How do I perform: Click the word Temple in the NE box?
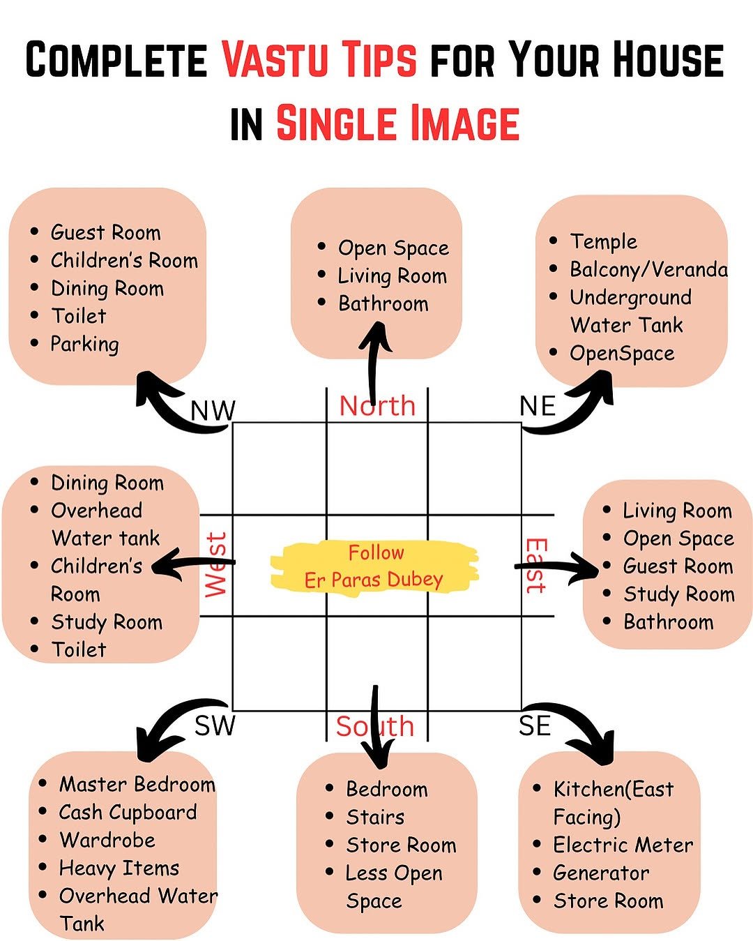603,241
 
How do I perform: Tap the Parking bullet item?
84,344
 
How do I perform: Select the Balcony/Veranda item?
648,269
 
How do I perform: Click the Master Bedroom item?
137,784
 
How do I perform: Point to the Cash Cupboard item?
128,812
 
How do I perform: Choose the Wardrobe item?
107,840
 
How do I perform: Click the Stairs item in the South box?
375,817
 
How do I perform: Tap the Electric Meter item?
623,845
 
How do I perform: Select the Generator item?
601,873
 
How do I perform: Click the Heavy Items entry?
119,868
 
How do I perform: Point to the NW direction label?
213,410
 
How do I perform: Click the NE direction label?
538,406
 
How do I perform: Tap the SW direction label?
215,725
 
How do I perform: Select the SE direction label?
535,726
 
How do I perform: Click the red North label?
377,405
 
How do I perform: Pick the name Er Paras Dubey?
374,580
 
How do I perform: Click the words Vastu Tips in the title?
320,59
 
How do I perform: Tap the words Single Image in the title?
397,123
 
